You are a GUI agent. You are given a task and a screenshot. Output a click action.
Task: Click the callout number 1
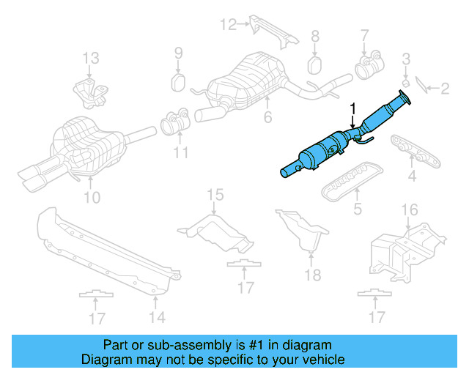click(352, 108)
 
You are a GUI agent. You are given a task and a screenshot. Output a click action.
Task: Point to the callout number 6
click(267, 117)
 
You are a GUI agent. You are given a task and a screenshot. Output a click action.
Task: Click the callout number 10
click(92, 197)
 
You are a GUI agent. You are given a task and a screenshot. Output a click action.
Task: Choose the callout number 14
click(157, 316)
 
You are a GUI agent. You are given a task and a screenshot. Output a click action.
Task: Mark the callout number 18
click(313, 275)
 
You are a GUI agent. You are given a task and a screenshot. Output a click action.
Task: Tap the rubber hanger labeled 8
click(316, 64)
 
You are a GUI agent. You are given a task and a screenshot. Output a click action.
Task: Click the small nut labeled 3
click(406, 78)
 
